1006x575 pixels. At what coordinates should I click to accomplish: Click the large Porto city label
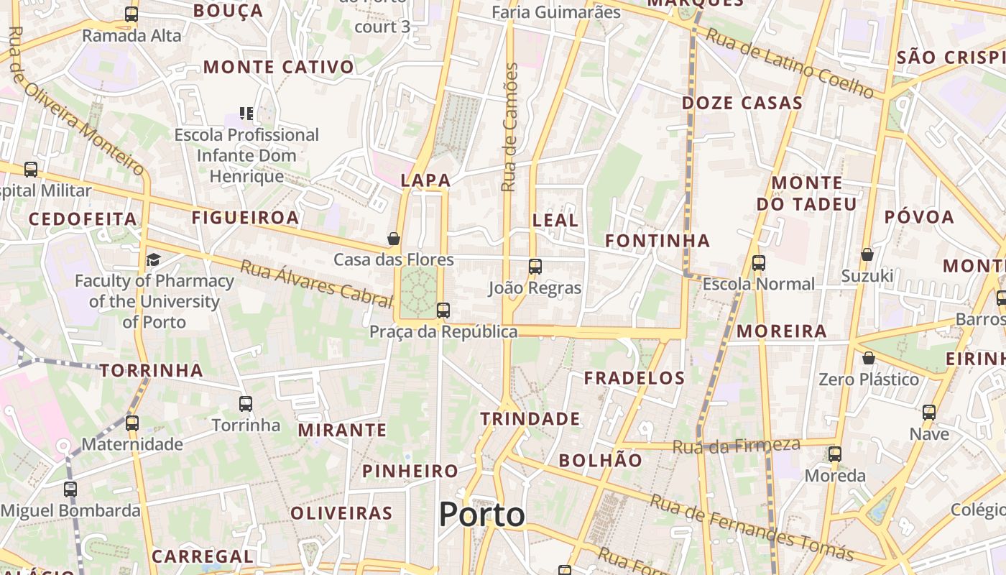(481, 515)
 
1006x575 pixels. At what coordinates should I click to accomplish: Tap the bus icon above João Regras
(535, 267)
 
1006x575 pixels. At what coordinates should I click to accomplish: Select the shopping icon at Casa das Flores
(394, 239)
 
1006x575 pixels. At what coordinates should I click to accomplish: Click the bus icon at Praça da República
(443, 310)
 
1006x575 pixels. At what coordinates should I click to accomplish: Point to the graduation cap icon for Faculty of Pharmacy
(153, 259)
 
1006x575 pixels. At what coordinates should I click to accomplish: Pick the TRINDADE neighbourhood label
(530, 419)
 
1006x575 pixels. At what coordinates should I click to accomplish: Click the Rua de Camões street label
(510, 128)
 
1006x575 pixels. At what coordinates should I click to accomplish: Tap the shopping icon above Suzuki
(867, 254)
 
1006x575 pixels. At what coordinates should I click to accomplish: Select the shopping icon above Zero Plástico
(869, 358)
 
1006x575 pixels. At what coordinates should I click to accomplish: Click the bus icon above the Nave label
(929, 413)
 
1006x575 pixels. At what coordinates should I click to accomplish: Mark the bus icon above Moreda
(834, 454)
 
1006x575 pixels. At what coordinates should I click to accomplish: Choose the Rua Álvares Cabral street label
(316, 283)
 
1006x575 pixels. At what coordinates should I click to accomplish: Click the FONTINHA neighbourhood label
(657, 241)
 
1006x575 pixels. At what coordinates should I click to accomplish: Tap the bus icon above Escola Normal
(759, 263)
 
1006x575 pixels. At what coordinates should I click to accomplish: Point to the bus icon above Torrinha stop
(246, 404)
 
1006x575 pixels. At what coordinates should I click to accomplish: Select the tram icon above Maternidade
(131, 423)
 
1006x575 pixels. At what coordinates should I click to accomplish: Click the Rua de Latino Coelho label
(789, 63)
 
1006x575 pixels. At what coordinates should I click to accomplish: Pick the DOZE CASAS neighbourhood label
(742, 103)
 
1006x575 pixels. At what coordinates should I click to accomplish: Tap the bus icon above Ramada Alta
(131, 14)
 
